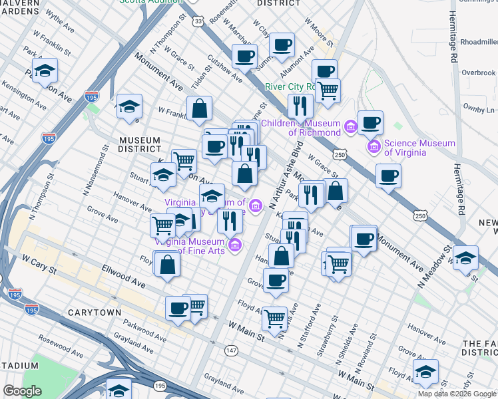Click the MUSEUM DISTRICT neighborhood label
pyautogui.click(x=140, y=145)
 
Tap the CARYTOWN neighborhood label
pyautogui.click(x=94, y=312)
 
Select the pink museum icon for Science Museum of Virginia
pyautogui.click(x=373, y=146)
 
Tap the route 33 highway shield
pyautogui.click(x=198, y=21)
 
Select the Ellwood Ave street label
pyautogui.click(x=123, y=276)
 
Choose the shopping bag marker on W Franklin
pyautogui.click(x=199, y=108)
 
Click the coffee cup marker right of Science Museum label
pyautogui.click(x=387, y=176)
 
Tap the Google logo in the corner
pyautogui.click(x=23, y=391)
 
